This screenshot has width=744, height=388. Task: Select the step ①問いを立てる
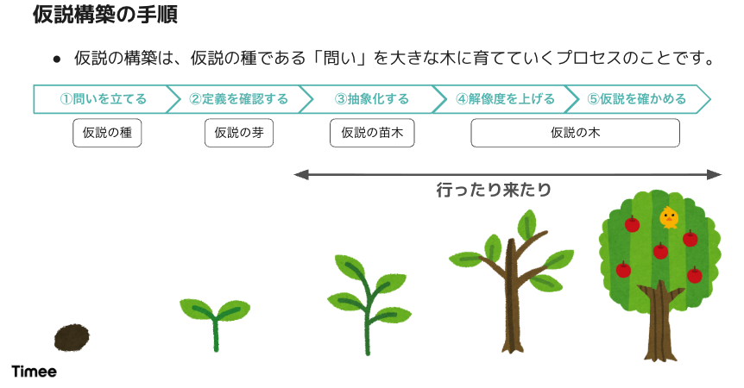103,99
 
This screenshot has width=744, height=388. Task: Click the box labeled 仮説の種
106,133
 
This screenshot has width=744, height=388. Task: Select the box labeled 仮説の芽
239,133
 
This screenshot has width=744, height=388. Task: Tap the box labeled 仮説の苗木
372,133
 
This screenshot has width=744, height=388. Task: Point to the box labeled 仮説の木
575,133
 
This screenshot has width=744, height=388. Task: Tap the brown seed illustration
71,338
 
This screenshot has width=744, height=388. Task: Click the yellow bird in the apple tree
668,218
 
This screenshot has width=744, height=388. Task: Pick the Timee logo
35,372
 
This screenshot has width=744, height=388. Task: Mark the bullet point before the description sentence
56,59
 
